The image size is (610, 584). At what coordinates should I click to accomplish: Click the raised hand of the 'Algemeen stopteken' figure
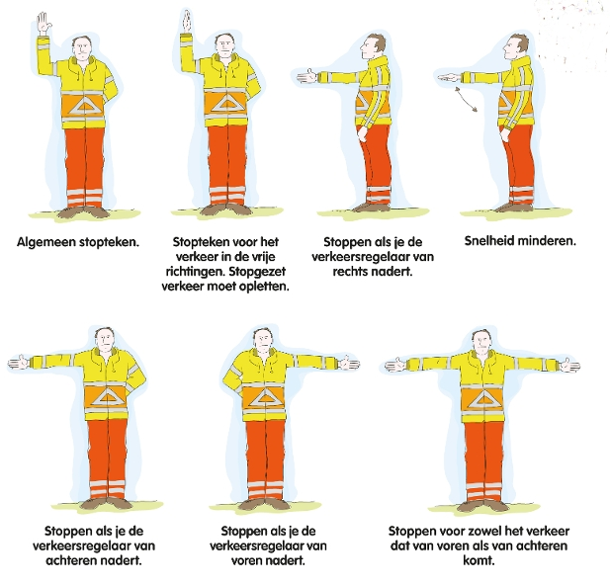coord(44,24)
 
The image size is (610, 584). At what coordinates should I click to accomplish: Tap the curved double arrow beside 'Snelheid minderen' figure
coord(467,99)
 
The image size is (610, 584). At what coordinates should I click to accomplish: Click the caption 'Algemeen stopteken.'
coord(78,242)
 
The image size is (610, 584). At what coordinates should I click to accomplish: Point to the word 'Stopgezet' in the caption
coord(257,272)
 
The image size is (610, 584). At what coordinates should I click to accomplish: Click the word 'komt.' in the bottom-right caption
coord(479,560)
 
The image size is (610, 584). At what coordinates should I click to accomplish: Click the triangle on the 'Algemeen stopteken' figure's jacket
coord(85,107)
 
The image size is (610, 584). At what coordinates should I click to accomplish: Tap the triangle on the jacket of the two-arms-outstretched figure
coord(482,400)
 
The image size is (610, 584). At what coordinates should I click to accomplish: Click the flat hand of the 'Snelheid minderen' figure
coord(449,77)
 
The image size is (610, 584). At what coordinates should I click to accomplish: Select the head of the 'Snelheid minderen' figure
coord(517,46)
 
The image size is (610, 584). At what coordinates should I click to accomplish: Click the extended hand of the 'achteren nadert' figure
coord(19,362)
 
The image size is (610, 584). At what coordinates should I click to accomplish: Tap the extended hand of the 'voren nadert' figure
coord(349,364)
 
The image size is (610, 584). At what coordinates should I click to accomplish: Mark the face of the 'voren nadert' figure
coord(263,340)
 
